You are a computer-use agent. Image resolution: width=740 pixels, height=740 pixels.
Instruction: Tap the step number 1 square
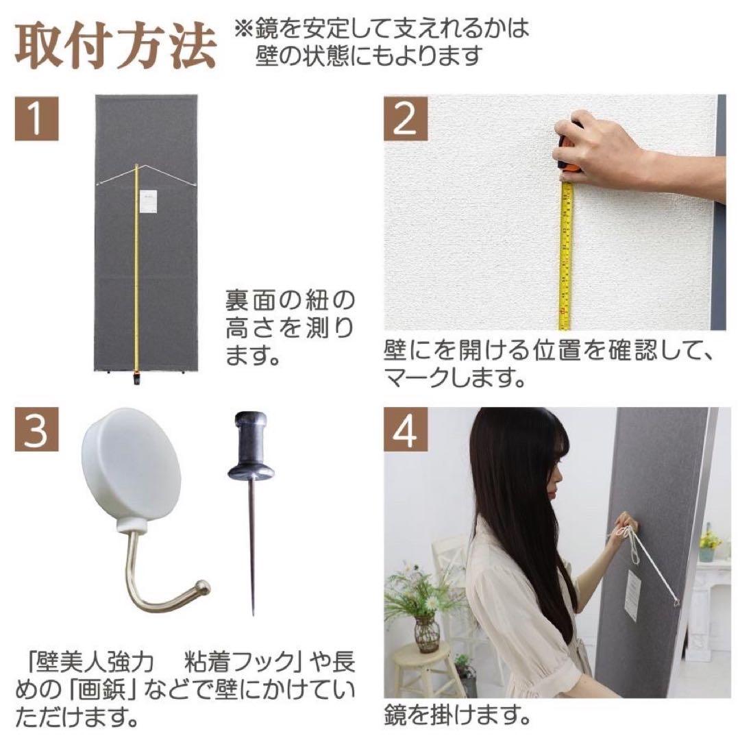(x=36, y=117)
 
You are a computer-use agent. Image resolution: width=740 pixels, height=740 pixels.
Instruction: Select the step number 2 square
(x=406, y=118)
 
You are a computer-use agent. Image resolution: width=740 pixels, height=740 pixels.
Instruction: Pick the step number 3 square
(x=36, y=430)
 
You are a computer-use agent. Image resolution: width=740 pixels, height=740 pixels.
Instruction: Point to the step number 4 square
(x=406, y=430)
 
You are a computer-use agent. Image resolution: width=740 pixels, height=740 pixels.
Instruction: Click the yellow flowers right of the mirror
(x=709, y=541)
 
